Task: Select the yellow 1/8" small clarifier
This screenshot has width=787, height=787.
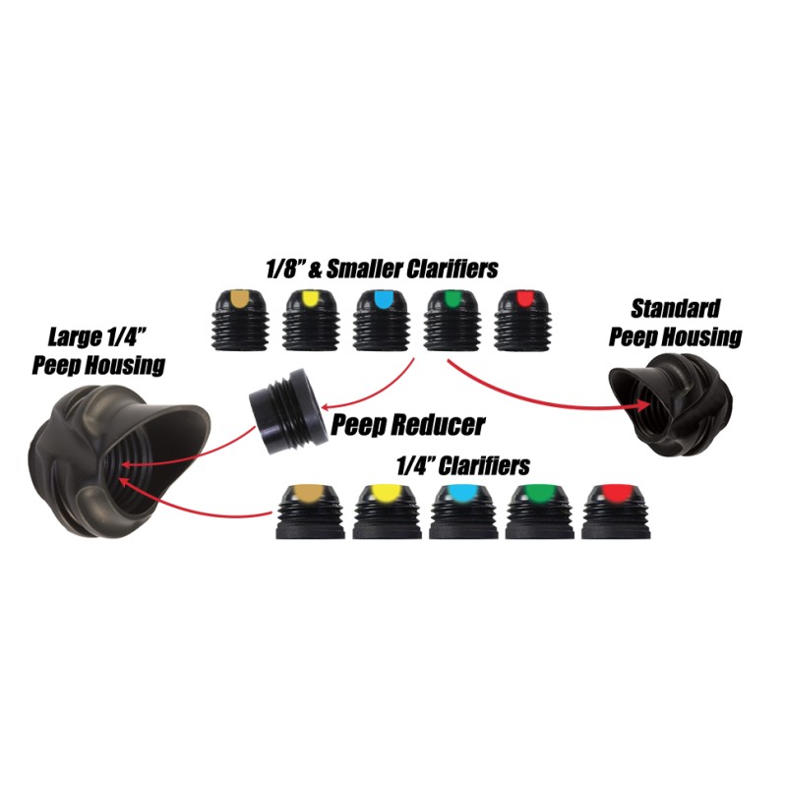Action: pos(311,321)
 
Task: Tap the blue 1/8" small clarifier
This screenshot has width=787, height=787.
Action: pos(382,321)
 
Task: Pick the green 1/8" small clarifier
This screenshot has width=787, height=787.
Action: pos(453,321)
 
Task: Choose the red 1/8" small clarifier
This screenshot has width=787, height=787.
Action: pos(523,321)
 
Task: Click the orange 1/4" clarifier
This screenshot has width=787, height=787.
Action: pos(311,512)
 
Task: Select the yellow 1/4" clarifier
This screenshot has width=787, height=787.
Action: pos(387,512)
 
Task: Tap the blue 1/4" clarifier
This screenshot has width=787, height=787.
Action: pos(463,512)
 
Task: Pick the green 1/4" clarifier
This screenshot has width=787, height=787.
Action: pos(539,512)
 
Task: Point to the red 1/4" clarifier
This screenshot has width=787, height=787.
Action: pos(616,512)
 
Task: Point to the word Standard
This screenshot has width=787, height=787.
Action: pos(675,309)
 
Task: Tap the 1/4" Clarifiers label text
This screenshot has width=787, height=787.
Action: pos(462,465)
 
